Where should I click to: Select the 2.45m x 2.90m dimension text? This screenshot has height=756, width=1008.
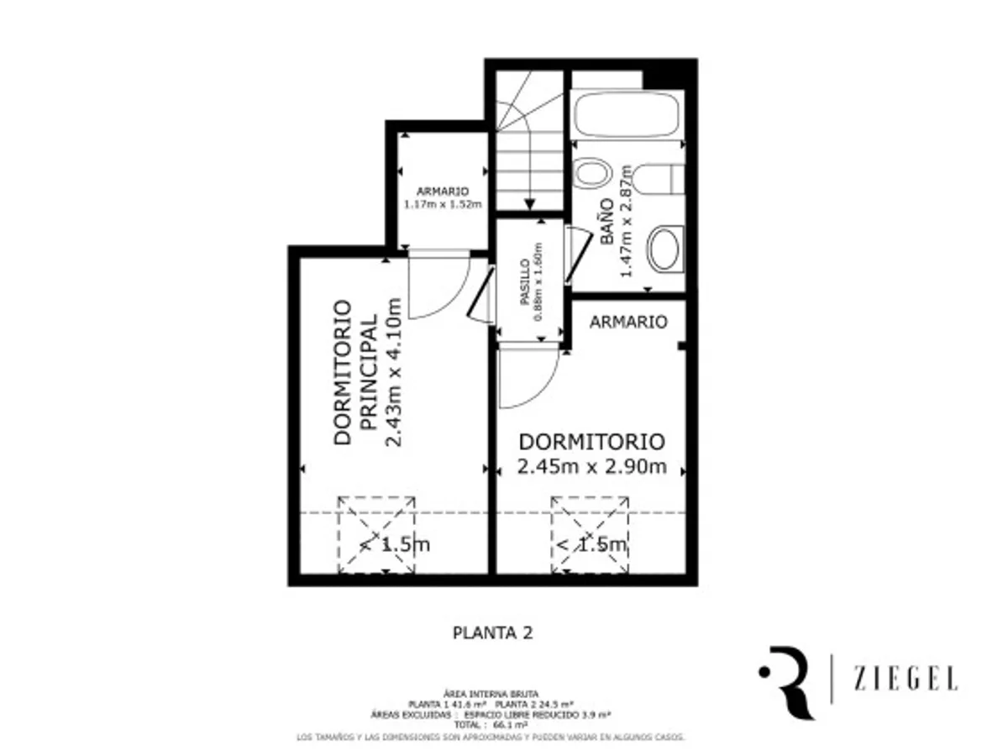click(x=592, y=467)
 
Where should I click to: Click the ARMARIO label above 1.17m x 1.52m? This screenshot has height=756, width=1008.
click(x=443, y=192)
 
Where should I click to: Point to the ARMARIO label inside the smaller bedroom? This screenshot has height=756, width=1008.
click(x=628, y=322)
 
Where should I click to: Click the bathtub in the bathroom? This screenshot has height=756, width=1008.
click(x=626, y=114)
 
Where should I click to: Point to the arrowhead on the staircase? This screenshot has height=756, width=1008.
click(x=529, y=203)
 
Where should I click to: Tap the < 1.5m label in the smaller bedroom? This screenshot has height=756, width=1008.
click(x=591, y=544)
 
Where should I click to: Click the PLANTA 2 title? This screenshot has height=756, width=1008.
click(x=492, y=633)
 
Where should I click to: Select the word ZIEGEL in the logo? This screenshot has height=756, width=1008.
click(x=905, y=679)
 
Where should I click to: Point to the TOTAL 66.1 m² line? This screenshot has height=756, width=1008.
click(x=491, y=723)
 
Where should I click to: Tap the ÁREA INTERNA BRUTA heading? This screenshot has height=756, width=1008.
click(x=491, y=694)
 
